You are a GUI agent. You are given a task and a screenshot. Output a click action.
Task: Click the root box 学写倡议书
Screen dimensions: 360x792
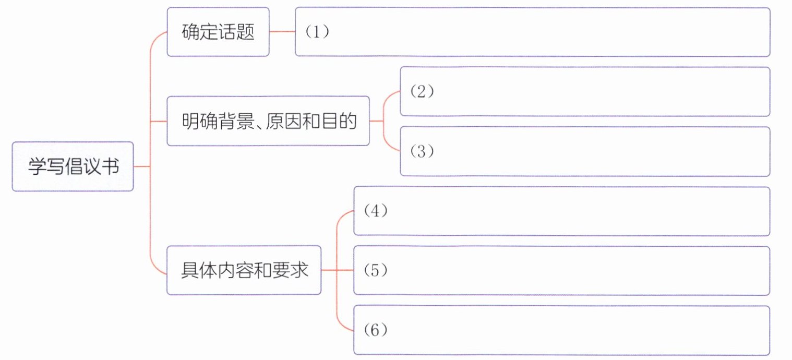coord(73,167)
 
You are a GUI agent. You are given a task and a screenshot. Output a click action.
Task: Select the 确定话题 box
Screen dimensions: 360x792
coord(218,32)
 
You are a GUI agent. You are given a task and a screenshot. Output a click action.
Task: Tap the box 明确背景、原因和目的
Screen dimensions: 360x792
coord(268,122)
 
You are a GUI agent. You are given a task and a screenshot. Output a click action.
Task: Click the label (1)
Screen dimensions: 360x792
coord(317,32)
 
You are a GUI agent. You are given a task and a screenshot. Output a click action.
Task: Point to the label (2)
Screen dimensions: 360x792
coord(422,92)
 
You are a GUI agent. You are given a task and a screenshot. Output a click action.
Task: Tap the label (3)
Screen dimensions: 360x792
coord(422,152)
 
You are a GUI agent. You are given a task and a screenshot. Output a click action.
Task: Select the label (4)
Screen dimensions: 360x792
coord(376,212)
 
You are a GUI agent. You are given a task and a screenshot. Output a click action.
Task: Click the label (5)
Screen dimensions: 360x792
coord(376,271)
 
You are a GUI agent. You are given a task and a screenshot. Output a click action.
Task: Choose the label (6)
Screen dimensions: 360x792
coord(376,331)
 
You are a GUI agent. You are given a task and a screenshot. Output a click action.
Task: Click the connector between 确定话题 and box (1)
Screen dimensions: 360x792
coord(282,32)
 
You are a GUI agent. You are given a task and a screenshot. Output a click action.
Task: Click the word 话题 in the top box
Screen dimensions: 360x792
coord(236,32)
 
